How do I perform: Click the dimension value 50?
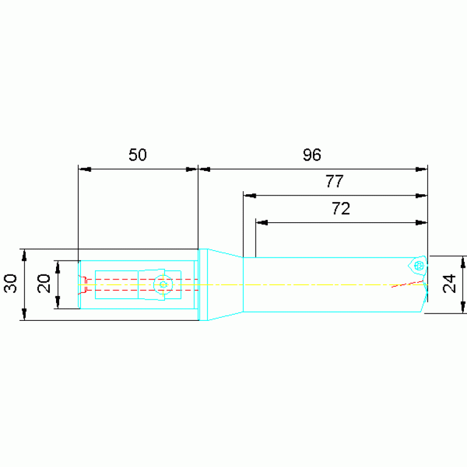138,155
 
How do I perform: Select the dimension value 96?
312,155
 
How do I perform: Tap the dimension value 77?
334,181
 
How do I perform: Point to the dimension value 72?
341,208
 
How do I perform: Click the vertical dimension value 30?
11,284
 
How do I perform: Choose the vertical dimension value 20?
44,284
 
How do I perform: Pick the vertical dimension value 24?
449,284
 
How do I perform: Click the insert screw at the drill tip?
419,265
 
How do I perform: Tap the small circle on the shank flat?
163,284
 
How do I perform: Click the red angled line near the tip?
407,284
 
